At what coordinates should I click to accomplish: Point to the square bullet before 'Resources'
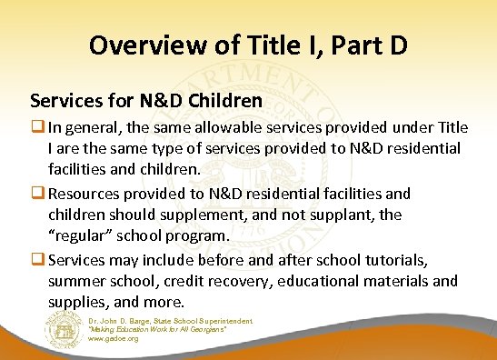(x=36, y=194)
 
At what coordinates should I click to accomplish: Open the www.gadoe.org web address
(x=114, y=339)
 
